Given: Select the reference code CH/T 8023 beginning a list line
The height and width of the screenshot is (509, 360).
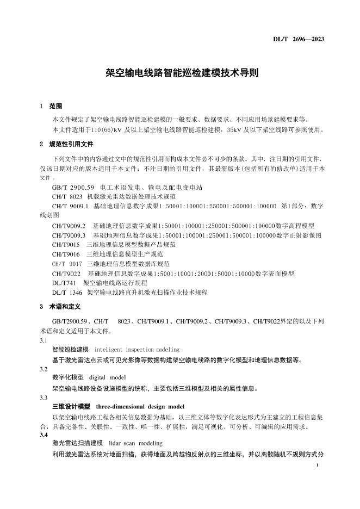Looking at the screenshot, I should point(67,196).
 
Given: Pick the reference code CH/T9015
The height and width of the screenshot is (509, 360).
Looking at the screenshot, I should point(66,244).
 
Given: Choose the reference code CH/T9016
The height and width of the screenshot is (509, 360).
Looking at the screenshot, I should point(66,254).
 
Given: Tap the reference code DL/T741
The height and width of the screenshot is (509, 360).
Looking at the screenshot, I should point(64,283).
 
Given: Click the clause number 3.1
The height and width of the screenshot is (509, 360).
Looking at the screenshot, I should point(44,340).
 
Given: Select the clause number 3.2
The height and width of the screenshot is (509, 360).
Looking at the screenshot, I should point(44,368).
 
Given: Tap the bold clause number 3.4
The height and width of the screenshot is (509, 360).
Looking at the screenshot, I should point(44,435).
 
